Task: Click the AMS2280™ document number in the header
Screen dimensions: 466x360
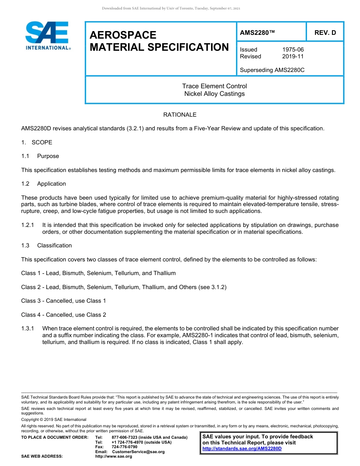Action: pos(257,33)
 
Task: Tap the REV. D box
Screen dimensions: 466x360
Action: pos(325,33)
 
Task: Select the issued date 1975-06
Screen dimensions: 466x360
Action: pos(293,50)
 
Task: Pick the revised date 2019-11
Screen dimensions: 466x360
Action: pos(293,56)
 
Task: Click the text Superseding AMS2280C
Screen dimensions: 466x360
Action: pos(272,70)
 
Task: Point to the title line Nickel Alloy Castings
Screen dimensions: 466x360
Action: pos(214,94)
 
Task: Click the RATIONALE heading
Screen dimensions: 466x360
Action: pos(180,114)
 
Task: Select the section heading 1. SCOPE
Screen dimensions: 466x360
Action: pos(37,142)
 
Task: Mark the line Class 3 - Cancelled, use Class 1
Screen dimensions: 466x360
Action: pos(64,301)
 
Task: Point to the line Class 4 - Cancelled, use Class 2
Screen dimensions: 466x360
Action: pos(64,315)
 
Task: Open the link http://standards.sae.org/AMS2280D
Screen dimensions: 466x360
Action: pos(242,449)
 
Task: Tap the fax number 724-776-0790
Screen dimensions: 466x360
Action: pos(124,447)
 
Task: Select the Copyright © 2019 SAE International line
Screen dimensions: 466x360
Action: pos(54,419)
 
